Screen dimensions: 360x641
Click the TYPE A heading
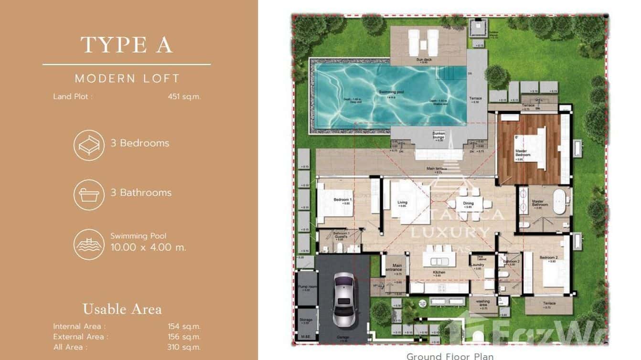pos(127,45)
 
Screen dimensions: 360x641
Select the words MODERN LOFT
pos(127,78)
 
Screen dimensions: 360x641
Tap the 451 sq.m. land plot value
pos(184,96)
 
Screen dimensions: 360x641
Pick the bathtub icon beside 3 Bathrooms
pos(89,194)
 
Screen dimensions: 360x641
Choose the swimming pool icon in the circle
pos(89,244)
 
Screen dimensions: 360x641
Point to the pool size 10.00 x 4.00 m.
pos(148,247)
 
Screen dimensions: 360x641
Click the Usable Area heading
pos(122,309)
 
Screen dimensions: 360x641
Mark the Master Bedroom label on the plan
pos(522,153)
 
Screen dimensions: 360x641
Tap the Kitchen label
pos(439,273)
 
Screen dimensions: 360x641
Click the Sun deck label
pos(421,60)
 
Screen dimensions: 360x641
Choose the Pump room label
pos(306,287)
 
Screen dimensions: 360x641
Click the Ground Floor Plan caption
pos(450,356)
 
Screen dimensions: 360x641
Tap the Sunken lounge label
pos(438,136)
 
